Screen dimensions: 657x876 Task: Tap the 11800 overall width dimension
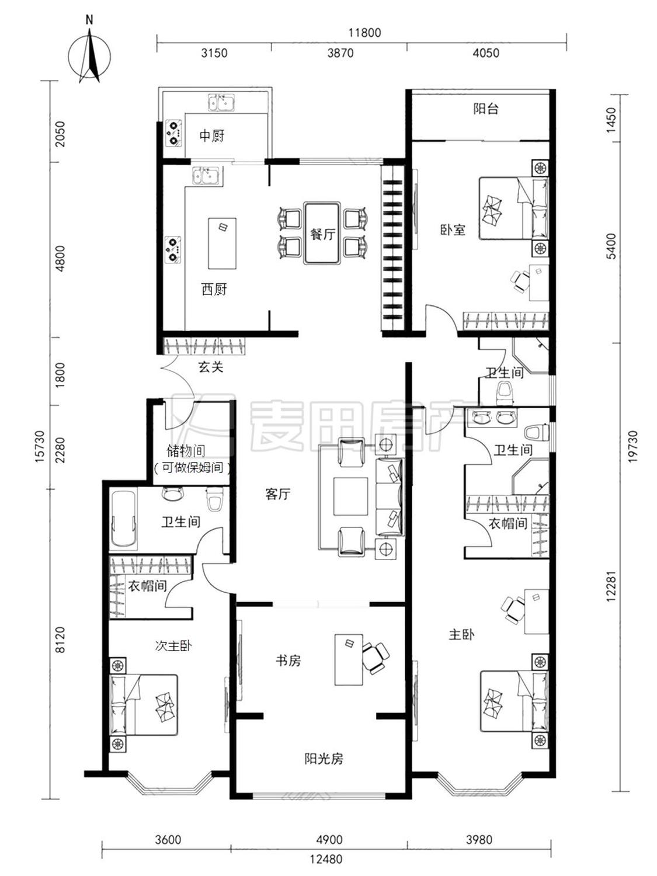tap(364, 32)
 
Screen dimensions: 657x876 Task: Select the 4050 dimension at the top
tap(485, 53)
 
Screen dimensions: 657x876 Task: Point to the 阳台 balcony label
tap(486, 109)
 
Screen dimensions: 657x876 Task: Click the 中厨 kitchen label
tap(212, 135)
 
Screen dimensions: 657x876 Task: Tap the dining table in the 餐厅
tap(322, 233)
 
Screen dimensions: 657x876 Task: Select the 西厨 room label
tap(214, 288)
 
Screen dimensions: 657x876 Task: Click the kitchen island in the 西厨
tap(222, 243)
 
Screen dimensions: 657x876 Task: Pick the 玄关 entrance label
tap(211, 367)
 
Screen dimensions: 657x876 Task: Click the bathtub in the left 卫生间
tap(124, 519)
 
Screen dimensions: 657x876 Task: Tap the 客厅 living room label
tap(277, 495)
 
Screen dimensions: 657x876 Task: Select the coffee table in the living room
tap(350, 496)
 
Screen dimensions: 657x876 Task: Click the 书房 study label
tap(288, 661)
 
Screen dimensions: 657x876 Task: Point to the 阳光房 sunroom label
tap(324, 758)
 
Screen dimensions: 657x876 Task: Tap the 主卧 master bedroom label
tap(461, 635)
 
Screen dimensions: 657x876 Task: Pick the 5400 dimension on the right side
tap(611, 246)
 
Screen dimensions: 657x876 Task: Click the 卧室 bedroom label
tap(453, 230)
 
